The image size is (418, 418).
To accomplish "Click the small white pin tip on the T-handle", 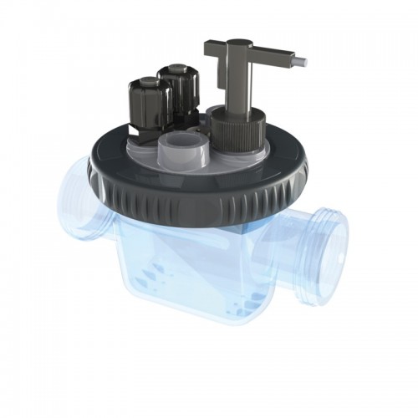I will coord(308,61).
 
